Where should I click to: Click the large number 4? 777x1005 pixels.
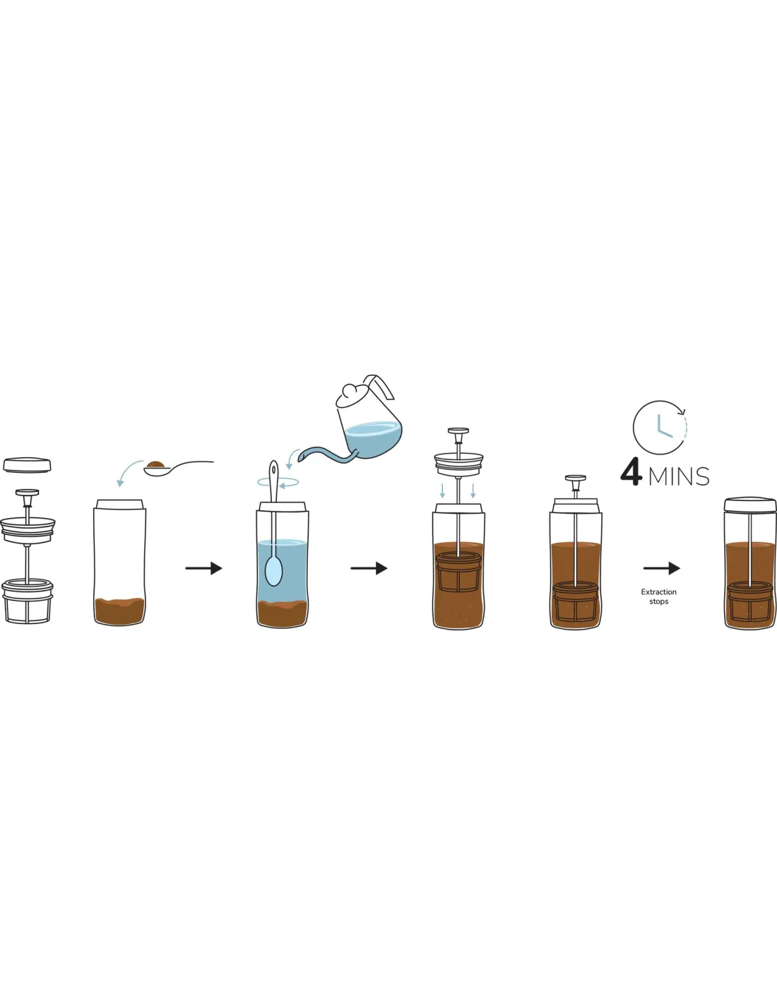tap(631, 473)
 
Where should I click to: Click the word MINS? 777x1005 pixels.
tap(679, 476)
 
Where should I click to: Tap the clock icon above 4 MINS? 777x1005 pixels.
tap(660, 427)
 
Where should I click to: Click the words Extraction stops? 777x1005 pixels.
tap(658, 596)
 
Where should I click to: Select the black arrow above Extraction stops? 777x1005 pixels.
tap(661, 568)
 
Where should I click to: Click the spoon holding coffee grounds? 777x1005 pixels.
tap(179, 468)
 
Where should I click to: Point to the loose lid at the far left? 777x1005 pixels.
tap(28, 465)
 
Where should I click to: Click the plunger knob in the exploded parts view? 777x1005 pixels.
tap(28, 493)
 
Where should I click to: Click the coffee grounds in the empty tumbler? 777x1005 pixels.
tap(119, 611)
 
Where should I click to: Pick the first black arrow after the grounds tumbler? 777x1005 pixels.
tap(204, 568)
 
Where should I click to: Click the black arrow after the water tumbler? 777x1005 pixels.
tap(369, 568)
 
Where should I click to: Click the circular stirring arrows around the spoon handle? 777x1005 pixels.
tap(278, 483)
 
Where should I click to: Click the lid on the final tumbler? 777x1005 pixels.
tap(750, 504)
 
